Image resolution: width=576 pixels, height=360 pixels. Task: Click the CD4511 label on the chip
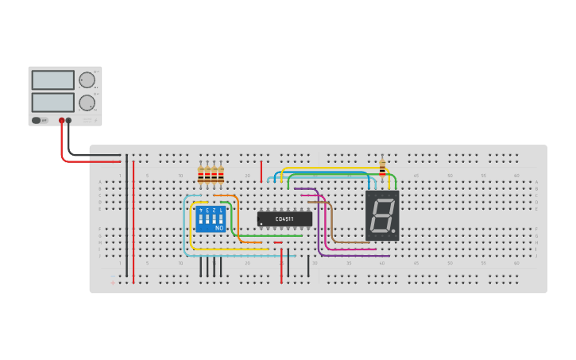(284, 219)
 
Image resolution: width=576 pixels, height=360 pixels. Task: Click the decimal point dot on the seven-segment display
(393, 231)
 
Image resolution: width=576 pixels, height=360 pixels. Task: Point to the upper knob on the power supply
(86, 79)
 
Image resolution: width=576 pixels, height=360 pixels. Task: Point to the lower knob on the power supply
(86, 103)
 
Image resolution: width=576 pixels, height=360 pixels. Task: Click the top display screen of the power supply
(53, 79)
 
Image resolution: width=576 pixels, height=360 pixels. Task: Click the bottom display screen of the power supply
(53, 103)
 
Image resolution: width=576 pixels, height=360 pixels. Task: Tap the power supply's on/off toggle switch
(37, 120)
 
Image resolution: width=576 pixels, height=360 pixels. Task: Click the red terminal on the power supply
(61, 121)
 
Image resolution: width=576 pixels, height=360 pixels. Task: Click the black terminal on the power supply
(68, 121)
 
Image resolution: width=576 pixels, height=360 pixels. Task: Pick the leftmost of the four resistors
(200, 175)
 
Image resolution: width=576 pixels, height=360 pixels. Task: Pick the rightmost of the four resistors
(220, 175)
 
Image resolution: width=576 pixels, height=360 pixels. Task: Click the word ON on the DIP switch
(219, 228)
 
